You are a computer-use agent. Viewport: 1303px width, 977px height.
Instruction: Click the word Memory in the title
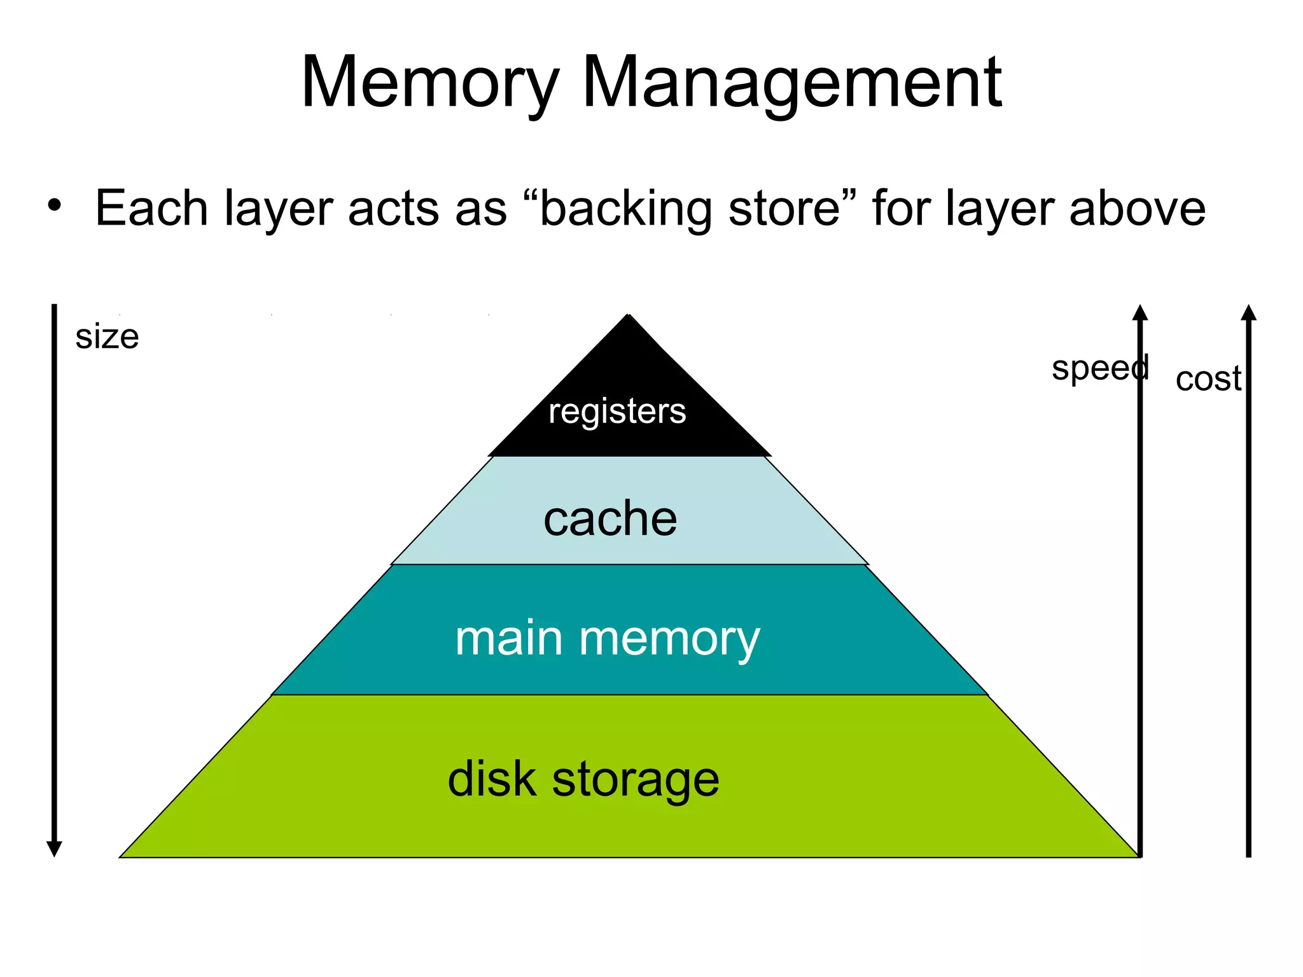coord(429,83)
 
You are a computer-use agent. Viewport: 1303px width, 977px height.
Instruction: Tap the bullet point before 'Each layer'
coord(55,205)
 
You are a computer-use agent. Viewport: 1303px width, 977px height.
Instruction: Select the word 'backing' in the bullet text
coord(625,209)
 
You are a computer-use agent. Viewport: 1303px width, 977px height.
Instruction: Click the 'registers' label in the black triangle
coord(617,412)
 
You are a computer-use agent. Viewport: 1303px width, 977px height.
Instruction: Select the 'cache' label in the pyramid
coord(610,518)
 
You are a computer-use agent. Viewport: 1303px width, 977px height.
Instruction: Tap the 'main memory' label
coord(608,639)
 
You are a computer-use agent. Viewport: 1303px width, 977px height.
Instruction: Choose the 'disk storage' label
coord(583,780)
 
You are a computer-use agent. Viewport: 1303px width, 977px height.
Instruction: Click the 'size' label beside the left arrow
coord(107,336)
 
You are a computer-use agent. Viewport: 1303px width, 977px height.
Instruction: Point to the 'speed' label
coord(1099,368)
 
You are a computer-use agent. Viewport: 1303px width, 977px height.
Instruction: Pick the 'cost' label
coord(1208,379)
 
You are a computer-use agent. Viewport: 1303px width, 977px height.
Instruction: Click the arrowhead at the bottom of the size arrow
coord(54,849)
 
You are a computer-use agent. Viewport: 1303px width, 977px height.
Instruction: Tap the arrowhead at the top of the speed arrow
coord(1140,312)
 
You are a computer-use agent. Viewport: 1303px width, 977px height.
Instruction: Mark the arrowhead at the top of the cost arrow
coord(1248,312)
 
